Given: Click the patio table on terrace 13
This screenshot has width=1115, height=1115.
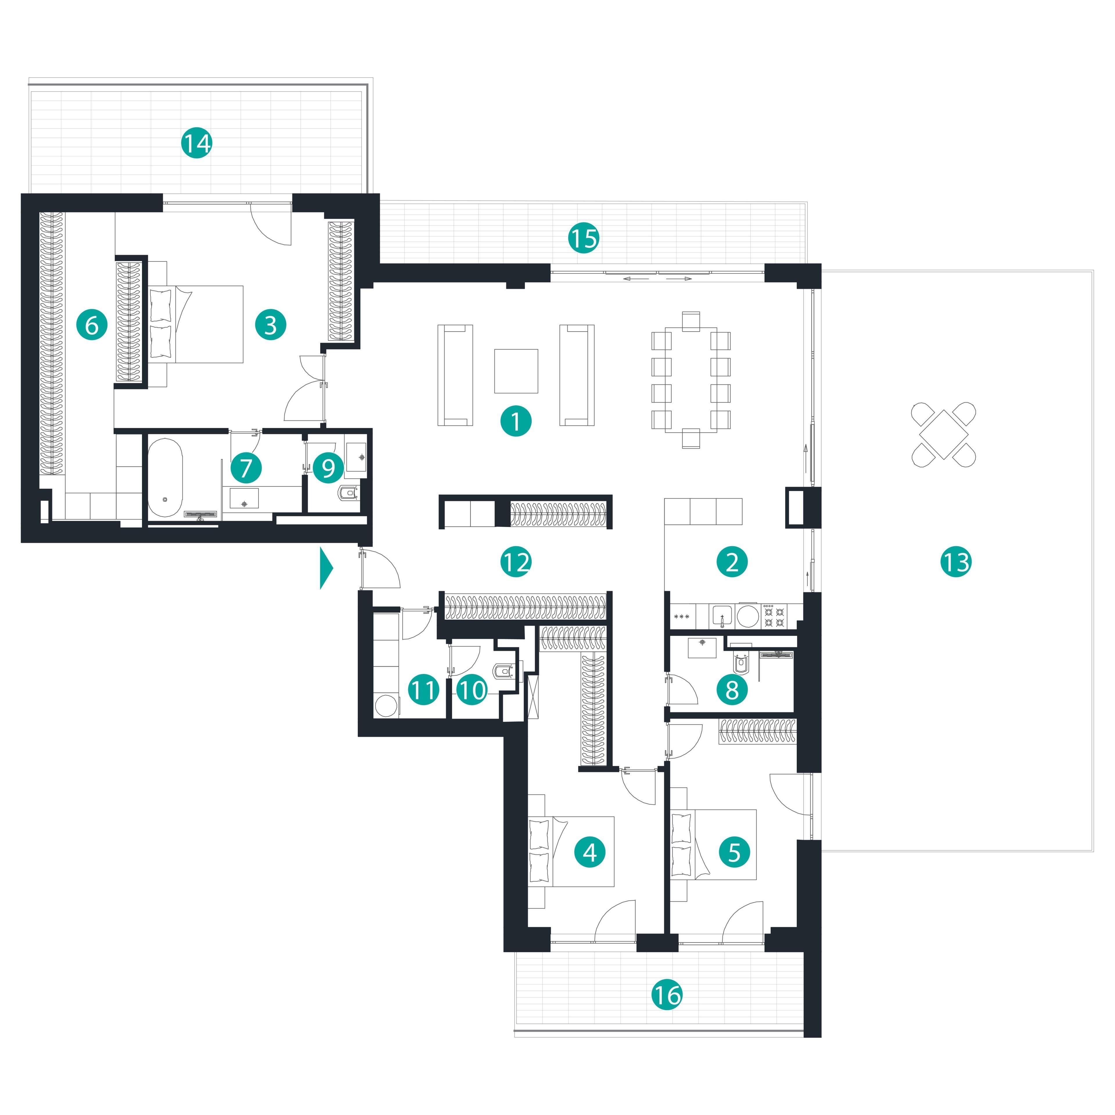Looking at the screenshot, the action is pos(944,435).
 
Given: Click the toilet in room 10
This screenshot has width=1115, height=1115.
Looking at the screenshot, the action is pos(503,671).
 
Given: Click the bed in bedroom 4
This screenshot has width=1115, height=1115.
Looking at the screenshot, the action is pos(571,851).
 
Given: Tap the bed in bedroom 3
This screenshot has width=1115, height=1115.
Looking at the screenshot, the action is pos(196,324).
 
